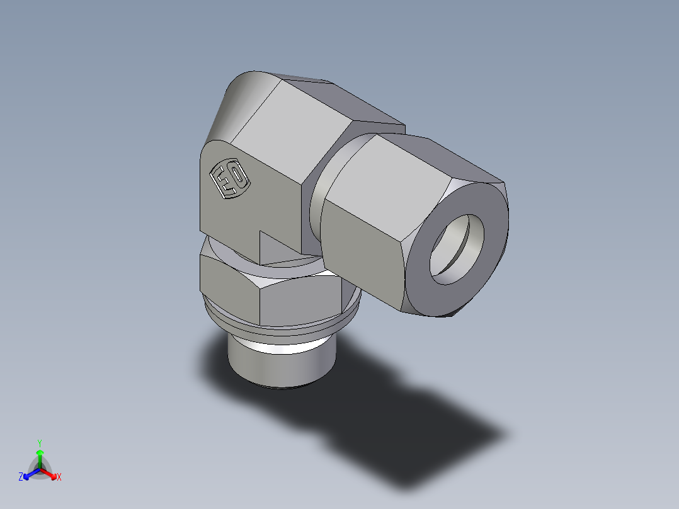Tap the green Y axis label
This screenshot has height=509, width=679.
tap(39, 442)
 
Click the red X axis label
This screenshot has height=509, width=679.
tap(59, 478)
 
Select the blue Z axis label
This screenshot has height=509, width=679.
tap(21, 478)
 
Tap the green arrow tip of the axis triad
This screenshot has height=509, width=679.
tap(39, 452)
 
